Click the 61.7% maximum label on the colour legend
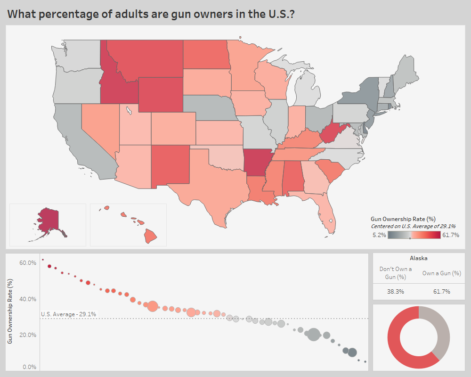click(451, 235)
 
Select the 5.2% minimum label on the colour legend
click(380, 235)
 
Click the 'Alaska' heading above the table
click(418, 258)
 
